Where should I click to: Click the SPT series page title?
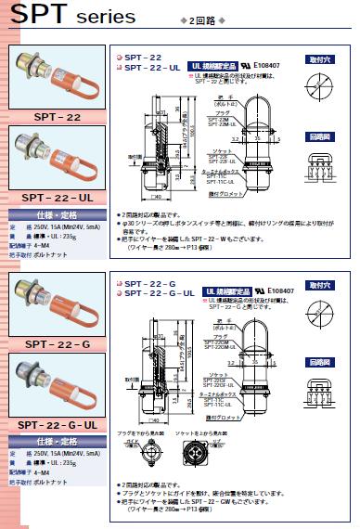pos(56,17)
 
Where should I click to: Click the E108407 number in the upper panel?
pos(276,67)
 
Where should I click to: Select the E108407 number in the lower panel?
pos(276,292)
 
